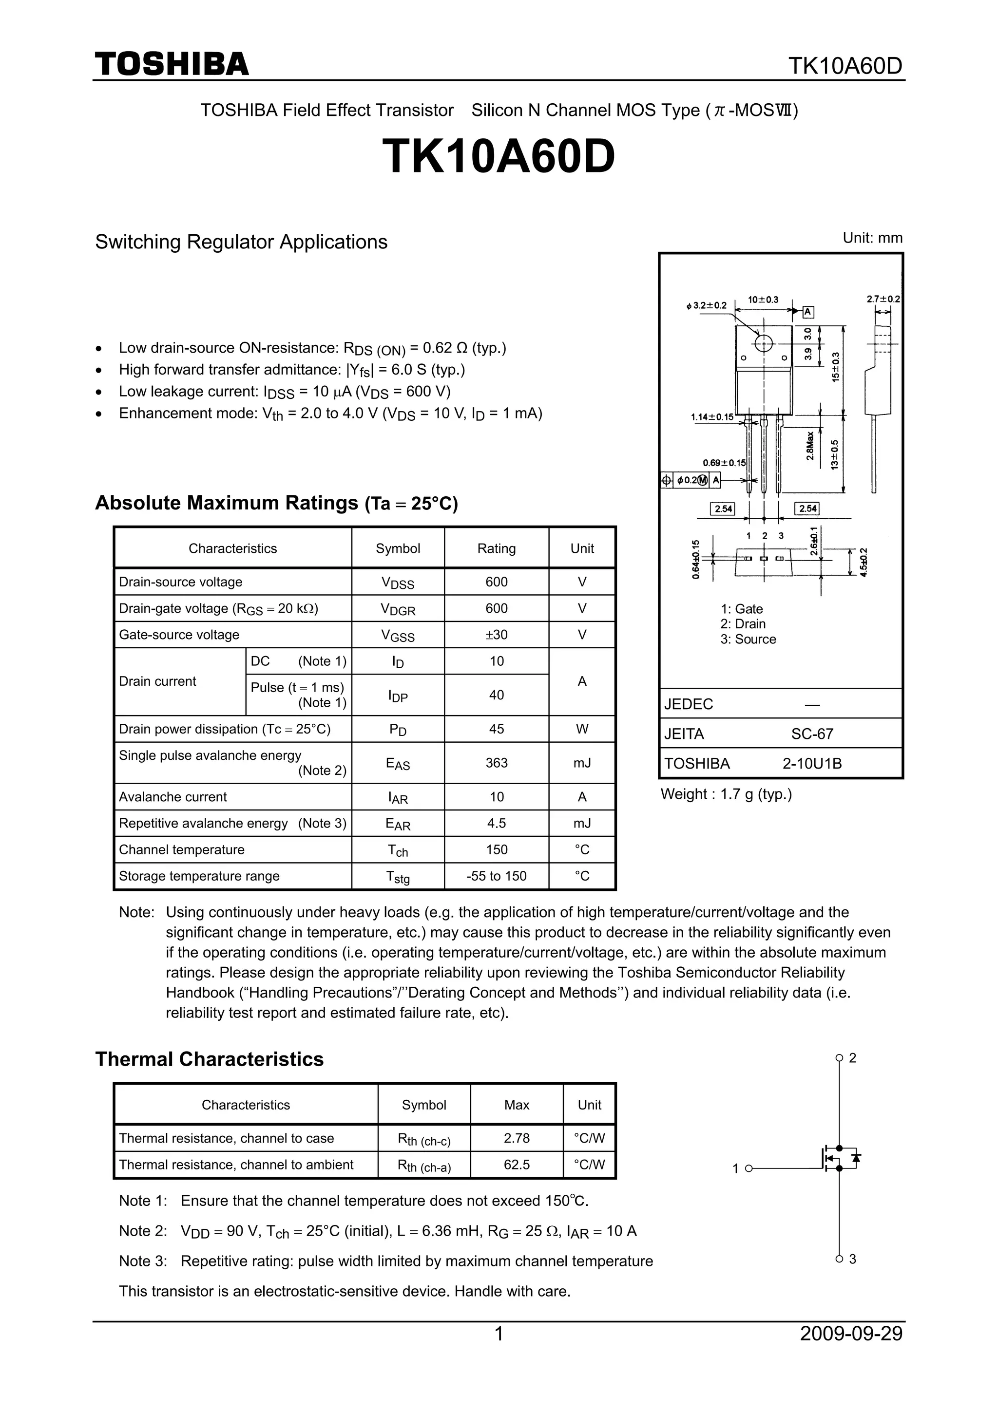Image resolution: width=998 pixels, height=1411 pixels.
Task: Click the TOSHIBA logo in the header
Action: pyautogui.click(x=172, y=64)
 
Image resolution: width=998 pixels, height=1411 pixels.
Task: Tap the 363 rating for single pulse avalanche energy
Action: pyautogui.click(x=496, y=763)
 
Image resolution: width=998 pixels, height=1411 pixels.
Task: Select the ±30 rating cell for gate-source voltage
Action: pyautogui.click(x=496, y=635)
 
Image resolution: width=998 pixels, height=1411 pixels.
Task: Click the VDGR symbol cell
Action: pyautogui.click(x=398, y=609)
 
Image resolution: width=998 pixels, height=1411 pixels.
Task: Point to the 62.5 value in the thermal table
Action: pyautogui.click(x=517, y=1165)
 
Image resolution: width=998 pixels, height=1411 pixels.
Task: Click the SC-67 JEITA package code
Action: pyautogui.click(x=812, y=734)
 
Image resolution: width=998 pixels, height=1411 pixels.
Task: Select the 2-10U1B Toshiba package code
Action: pyautogui.click(x=812, y=763)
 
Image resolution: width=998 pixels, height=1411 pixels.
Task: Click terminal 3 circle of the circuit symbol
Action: pyautogui.click(x=839, y=1259)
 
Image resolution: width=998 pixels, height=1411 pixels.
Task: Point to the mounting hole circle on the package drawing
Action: pyautogui.click(x=763, y=343)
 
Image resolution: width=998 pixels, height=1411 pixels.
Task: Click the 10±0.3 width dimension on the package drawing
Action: pyautogui.click(x=763, y=299)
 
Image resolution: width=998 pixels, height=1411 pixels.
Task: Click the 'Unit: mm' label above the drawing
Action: pyautogui.click(x=872, y=238)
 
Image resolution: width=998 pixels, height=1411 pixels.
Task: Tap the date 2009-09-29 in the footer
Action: pyautogui.click(x=851, y=1351)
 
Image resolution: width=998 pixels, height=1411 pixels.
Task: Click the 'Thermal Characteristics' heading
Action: pyautogui.click(x=209, y=1059)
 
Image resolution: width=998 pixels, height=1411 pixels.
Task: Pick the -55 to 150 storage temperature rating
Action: pyautogui.click(x=496, y=876)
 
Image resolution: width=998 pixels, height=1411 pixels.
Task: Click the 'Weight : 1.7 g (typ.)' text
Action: pyautogui.click(x=726, y=794)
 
